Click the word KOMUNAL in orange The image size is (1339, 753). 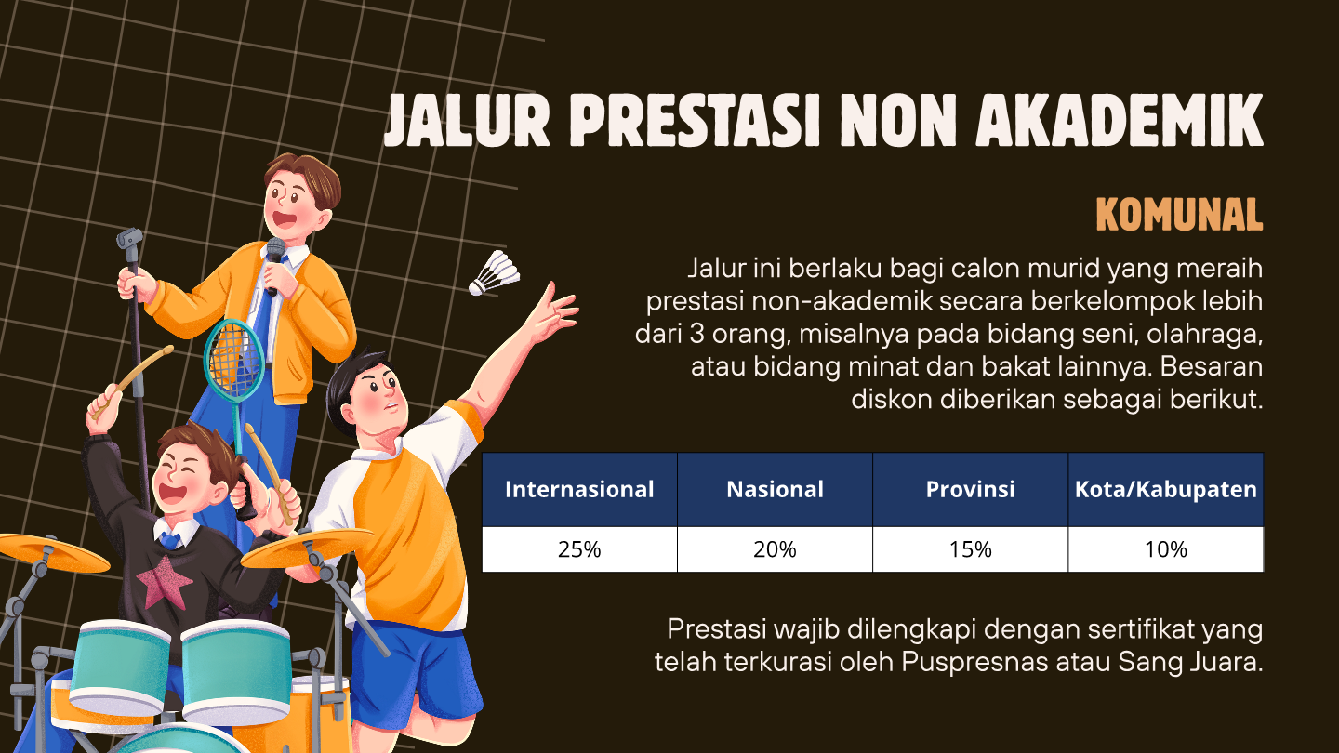click(1179, 215)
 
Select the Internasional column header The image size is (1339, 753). click(579, 489)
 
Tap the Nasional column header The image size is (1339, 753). click(775, 489)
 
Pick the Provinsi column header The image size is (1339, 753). click(970, 489)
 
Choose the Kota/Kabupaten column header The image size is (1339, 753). click(1166, 489)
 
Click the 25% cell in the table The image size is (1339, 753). click(579, 549)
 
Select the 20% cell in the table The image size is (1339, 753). click(775, 549)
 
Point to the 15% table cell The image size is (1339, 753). click(970, 549)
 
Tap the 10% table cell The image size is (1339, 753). click(1166, 549)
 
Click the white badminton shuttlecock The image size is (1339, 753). click(494, 273)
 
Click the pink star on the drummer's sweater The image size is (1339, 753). click(165, 581)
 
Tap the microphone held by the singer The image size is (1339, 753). click(274, 264)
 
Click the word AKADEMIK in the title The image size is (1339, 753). click(1120, 120)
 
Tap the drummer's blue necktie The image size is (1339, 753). click(170, 540)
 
